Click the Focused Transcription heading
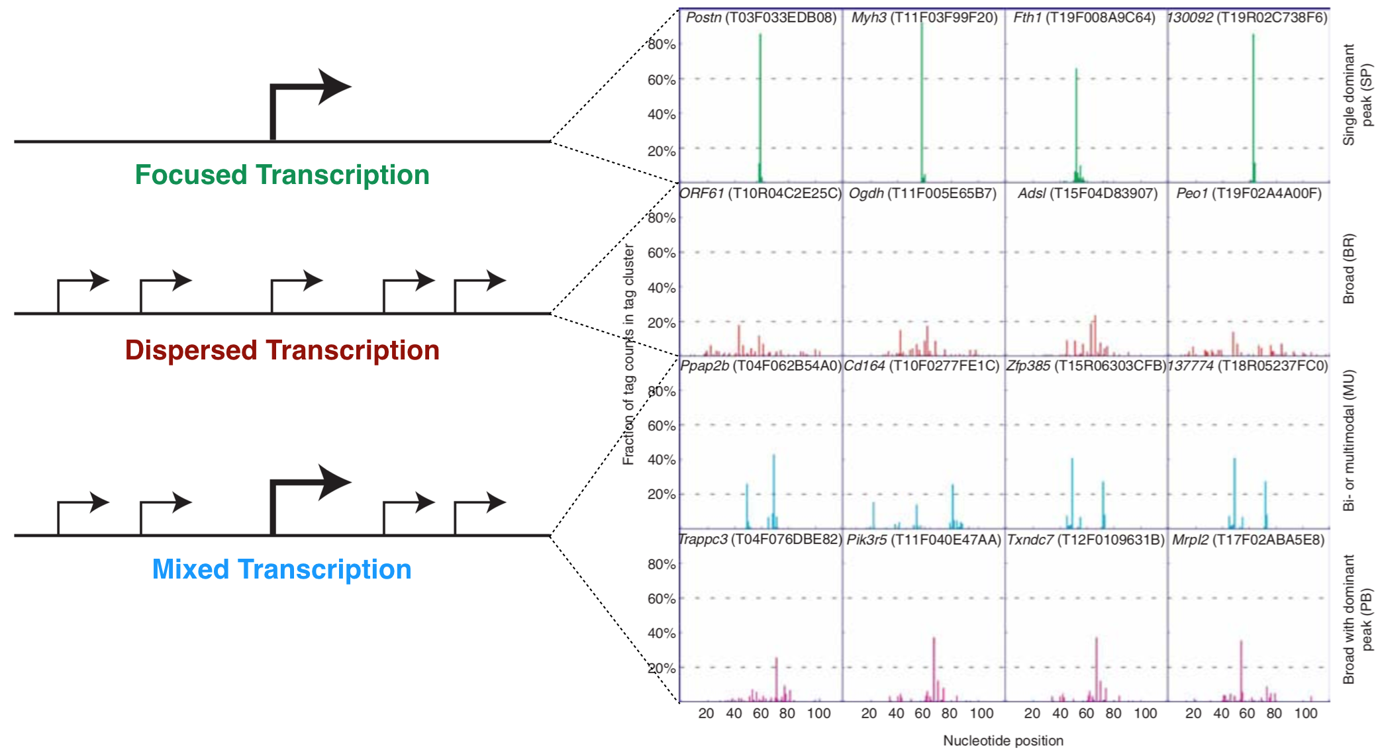[282, 175]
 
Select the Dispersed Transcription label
[282, 350]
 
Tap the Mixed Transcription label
[281, 569]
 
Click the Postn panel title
[761, 18]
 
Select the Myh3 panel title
[924, 18]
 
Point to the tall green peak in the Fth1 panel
[1076, 119]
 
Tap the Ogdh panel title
[922, 193]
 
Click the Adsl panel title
[1087, 193]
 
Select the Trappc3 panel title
[760, 540]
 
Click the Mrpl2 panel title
[1248, 540]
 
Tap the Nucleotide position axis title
[1003, 741]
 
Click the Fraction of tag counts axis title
[628, 354]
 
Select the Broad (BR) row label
[1349, 269]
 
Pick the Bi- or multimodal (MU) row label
[1349, 440]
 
